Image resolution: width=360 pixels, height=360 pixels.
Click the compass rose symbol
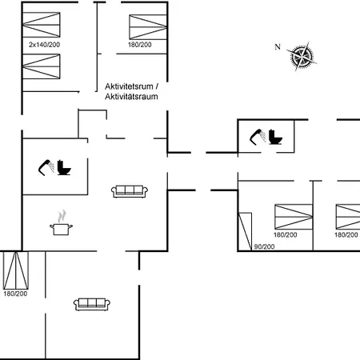click(x=302, y=56)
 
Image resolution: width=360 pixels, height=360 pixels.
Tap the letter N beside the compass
click(x=278, y=47)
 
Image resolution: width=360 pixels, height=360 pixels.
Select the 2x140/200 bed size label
click(x=44, y=45)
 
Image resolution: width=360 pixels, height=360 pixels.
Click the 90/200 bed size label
click(x=264, y=246)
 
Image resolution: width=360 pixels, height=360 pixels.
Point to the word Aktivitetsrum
click(x=129, y=86)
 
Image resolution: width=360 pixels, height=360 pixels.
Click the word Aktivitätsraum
click(x=131, y=96)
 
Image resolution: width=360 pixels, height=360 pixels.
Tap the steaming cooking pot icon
click(x=61, y=223)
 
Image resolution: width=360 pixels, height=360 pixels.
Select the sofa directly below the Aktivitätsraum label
click(x=130, y=191)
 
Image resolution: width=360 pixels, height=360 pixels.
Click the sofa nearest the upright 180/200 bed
click(x=92, y=304)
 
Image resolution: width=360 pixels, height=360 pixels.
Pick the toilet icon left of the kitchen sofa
click(x=64, y=167)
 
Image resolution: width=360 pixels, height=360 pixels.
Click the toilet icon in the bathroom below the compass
click(x=275, y=137)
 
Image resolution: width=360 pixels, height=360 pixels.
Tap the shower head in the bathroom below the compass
click(x=258, y=137)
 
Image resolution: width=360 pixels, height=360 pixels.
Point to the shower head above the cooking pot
click(x=46, y=167)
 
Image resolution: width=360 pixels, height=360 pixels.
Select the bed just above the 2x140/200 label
click(x=42, y=25)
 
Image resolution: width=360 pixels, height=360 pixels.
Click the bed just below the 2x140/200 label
click(x=42, y=66)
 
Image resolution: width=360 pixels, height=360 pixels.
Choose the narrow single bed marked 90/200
click(x=245, y=231)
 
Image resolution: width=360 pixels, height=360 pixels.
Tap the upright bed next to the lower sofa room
click(x=16, y=270)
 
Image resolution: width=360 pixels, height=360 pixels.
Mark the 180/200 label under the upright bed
click(x=15, y=294)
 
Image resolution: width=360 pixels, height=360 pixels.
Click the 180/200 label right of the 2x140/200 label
click(x=140, y=45)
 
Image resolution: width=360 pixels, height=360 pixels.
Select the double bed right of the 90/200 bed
click(x=294, y=217)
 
